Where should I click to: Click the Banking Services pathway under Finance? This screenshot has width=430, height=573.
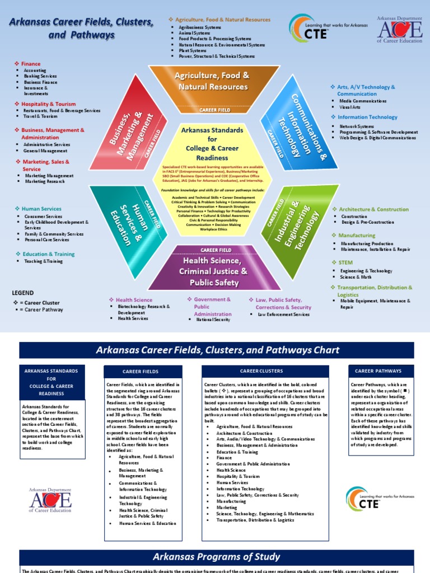click(x=40, y=76)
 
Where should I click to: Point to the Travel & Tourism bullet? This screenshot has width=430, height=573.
click(x=40, y=116)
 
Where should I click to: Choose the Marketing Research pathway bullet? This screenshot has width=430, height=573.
click(x=45, y=181)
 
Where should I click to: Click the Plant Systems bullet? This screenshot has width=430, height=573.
click(x=193, y=50)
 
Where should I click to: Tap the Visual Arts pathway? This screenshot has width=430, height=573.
click(x=350, y=106)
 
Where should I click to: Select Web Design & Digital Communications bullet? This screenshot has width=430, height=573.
click(x=377, y=138)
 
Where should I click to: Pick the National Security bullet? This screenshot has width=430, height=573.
click(x=213, y=320)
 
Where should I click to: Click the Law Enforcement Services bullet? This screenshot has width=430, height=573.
click(x=283, y=314)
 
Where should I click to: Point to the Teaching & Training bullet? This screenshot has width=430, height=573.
click(x=43, y=261)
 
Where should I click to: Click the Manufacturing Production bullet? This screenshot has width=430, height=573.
click(x=367, y=244)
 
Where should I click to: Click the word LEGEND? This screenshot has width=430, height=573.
click(x=23, y=293)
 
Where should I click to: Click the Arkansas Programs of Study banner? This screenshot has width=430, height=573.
click(x=215, y=557)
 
